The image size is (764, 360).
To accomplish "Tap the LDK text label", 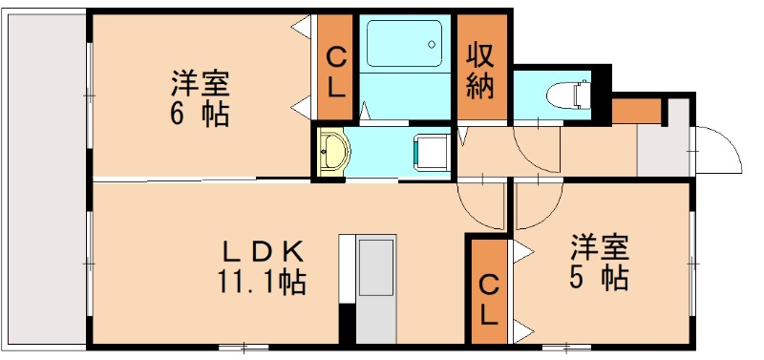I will coord(263,252).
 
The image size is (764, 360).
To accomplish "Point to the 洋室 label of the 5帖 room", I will coord(600,248).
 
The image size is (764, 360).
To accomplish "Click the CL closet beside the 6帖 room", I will coord(337,71).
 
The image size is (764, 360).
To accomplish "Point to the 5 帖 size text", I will coord(600,279).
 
